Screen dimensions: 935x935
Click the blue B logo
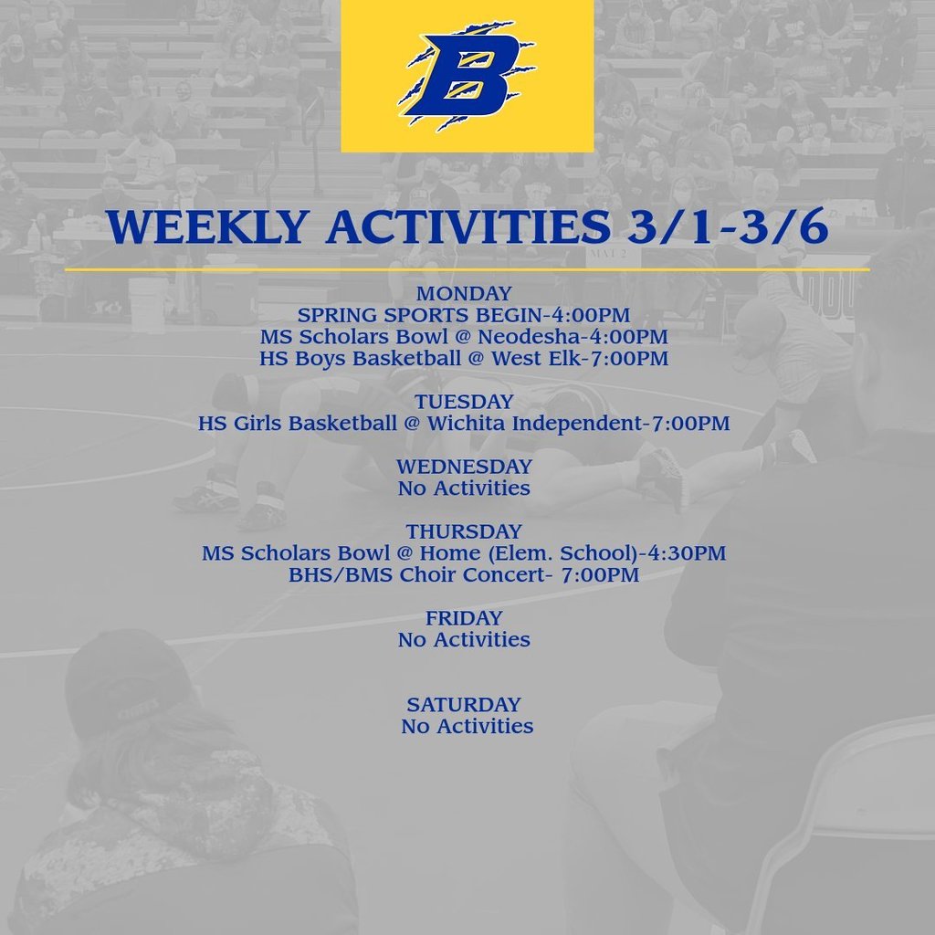pos(467,76)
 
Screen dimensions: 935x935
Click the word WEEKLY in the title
pos(208,226)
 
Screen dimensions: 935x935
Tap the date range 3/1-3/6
pos(728,226)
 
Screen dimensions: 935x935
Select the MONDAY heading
pos(464,293)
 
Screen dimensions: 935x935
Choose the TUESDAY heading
pos(464,402)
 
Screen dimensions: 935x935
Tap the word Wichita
pos(467,424)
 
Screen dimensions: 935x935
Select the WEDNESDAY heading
pos(464,467)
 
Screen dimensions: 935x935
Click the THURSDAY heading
pos(464,532)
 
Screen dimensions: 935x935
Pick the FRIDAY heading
pos(464,618)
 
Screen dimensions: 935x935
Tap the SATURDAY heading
pos(464,705)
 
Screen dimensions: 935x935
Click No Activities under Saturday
pos(467,726)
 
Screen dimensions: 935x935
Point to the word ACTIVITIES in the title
pos(468,226)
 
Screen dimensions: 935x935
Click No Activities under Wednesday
pos(464,489)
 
